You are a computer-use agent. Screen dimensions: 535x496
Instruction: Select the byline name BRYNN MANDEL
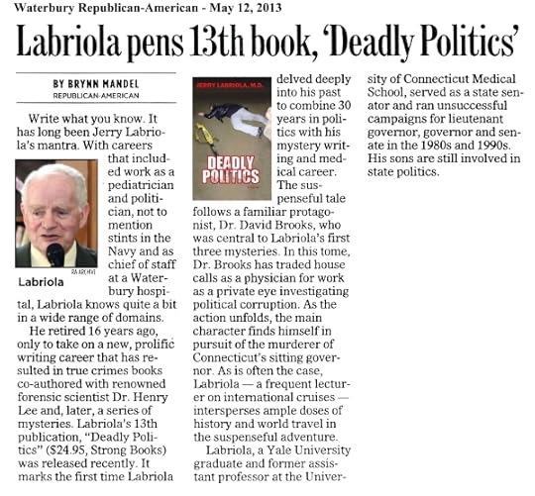(x=96, y=84)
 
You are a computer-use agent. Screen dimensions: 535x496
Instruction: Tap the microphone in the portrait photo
(x=54, y=254)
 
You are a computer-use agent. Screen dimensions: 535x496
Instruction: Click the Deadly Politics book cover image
(x=231, y=138)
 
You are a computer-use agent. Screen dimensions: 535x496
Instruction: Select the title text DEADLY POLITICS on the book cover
(x=231, y=170)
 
